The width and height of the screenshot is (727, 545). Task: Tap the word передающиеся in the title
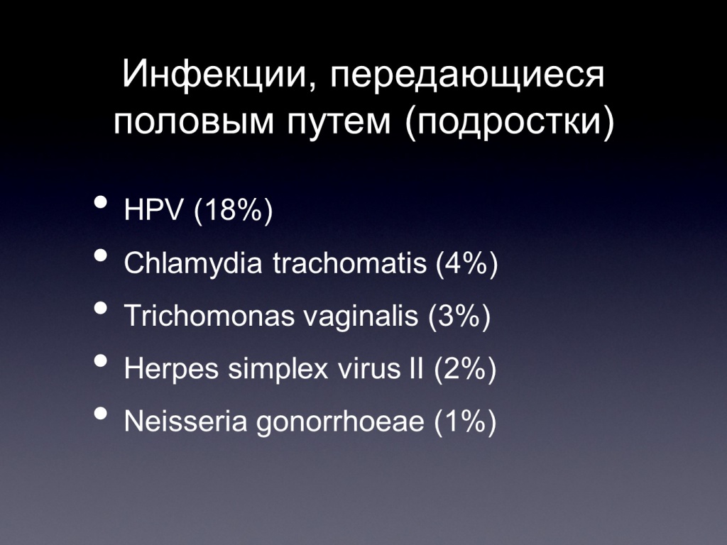pyautogui.click(x=467, y=77)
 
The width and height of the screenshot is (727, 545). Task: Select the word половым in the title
pyautogui.click(x=194, y=122)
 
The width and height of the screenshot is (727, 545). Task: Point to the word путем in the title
pyautogui.click(x=339, y=123)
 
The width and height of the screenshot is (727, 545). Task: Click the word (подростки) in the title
pyautogui.click(x=510, y=122)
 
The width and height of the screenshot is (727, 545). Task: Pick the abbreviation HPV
pyautogui.click(x=154, y=210)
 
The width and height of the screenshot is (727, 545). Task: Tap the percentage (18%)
pyautogui.click(x=233, y=211)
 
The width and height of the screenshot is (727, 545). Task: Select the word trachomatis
pyautogui.click(x=349, y=263)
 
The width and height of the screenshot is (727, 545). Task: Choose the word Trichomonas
pyautogui.click(x=209, y=316)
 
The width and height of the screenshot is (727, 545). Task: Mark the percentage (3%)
pyautogui.click(x=459, y=316)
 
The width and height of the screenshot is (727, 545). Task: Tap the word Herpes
pyautogui.click(x=171, y=369)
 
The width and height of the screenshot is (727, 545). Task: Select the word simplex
pyautogui.click(x=278, y=369)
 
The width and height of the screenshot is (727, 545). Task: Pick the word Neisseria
pyautogui.click(x=185, y=422)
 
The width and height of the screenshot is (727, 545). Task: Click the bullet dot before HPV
pyautogui.click(x=101, y=203)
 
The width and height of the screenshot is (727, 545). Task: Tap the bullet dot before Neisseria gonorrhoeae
pyautogui.click(x=101, y=414)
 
